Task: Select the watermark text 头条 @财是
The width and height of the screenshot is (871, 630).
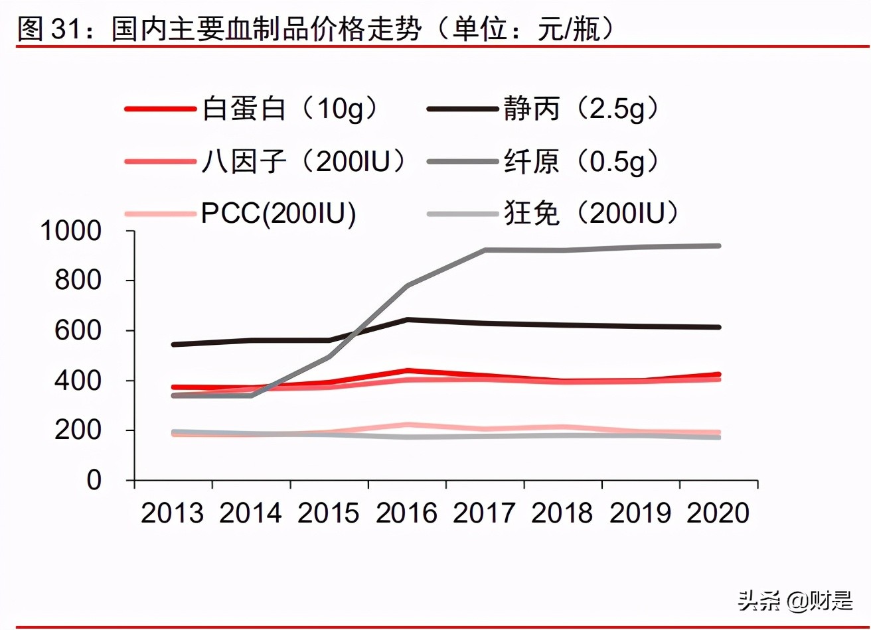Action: coord(795,601)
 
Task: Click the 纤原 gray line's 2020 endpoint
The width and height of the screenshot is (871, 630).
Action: coord(719,246)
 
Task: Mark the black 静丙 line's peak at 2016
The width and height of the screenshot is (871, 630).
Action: coord(408,320)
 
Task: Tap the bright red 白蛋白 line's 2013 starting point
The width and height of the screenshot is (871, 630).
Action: coord(173,387)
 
